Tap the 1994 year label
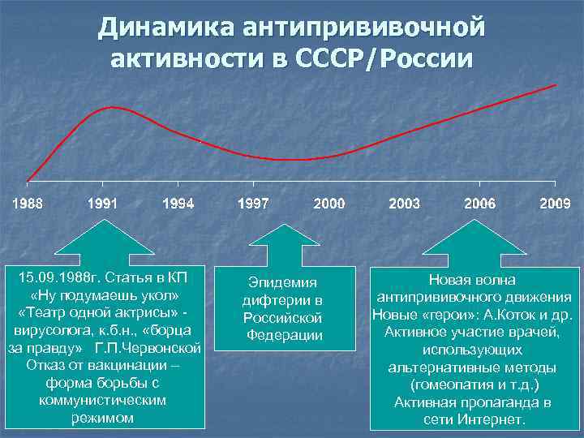pyautogui.click(x=178, y=204)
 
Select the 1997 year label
pyautogui.click(x=253, y=204)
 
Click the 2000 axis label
pyautogui.click(x=328, y=204)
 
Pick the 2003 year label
pyautogui.click(x=404, y=204)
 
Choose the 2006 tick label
pyautogui.click(x=479, y=204)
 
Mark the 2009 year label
pyautogui.click(x=555, y=204)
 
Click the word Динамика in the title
pyautogui.click(x=164, y=28)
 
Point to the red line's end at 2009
pyautogui.click(x=556, y=84)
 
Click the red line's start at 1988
pyautogui.click(x=28, y=180)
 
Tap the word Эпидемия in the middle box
pyautogui.click(x=282, y=282)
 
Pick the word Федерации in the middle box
pyautogui.click(x=283, y=335)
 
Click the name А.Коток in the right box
pyautogui.click(x=509, y=314)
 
